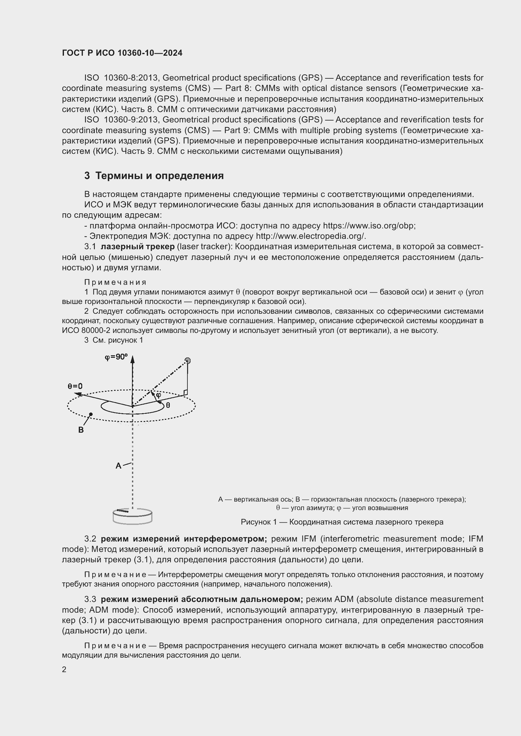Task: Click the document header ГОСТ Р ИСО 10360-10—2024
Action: click(x=122, y=53)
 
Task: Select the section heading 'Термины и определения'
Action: click(x=159, y=176)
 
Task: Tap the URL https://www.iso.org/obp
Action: click(x=369, y=226)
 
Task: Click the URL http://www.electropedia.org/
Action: click(x=310, y=236)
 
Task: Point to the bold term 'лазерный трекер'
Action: click(x=138, y=246)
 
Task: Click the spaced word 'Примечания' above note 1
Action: click(x=115, y=282)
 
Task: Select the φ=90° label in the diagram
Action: click(x=116, y=357)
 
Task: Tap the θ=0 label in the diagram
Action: click(x=75, y=386)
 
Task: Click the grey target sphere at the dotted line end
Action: click(x=188, y=361)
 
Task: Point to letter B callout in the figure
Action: click(x=81, y=430)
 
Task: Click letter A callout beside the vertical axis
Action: click(x=118, y=465)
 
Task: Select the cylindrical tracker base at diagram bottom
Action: click(x=133, y=516)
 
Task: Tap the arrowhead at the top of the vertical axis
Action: click(x=133, y=359)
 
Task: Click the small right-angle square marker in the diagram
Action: click(x=186, y=392)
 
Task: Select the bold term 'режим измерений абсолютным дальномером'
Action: click(x=202, y=599)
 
